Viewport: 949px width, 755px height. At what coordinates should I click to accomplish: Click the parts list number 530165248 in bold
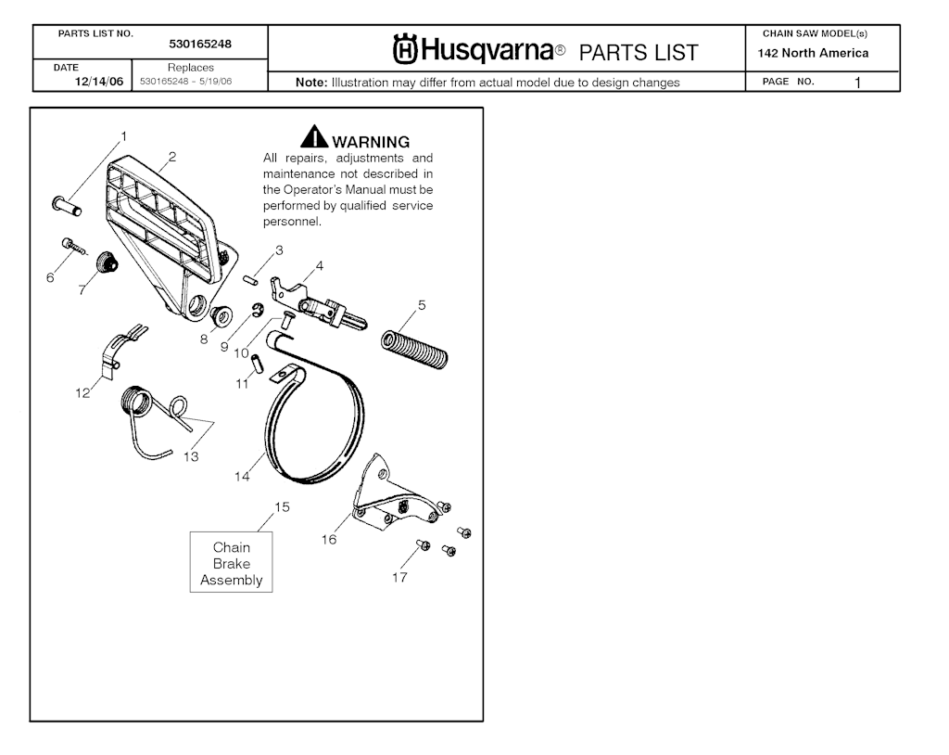point(200,44)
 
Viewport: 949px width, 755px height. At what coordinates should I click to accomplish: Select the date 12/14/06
point(98,82)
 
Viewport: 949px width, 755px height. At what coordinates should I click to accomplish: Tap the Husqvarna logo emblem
point(405,49)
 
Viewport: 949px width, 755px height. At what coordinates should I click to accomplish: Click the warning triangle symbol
point(314,136)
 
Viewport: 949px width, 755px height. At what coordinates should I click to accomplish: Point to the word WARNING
point(371,142)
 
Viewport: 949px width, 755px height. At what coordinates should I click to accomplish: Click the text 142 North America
point(813,53)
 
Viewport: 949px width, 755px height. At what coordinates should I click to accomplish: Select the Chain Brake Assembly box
point(231,562)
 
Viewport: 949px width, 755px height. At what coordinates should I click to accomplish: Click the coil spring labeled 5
point(414,350)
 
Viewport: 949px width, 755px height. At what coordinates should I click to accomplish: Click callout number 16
point(329,539)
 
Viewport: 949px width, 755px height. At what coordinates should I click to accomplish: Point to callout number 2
point(172,157)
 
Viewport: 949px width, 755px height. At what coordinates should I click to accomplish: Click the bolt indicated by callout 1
point(67,205)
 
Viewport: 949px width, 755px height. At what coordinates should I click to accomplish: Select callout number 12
point(82,392)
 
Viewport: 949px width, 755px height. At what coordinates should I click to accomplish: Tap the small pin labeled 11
point(258,365)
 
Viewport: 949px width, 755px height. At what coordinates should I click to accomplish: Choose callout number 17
point(399,577)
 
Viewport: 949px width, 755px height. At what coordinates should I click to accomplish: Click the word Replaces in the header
point(191,68)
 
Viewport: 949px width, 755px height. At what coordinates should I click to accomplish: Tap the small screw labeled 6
point(74,247)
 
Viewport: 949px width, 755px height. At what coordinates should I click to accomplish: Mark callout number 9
point(224,347)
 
